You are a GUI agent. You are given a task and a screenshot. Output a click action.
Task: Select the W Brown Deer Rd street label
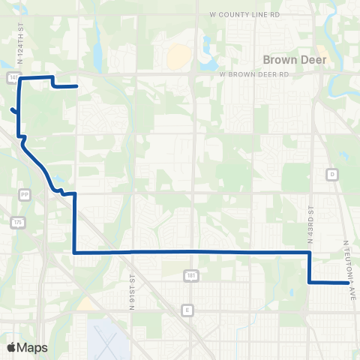pos(253,75)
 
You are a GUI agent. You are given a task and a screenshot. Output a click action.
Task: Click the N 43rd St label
pos(310,218)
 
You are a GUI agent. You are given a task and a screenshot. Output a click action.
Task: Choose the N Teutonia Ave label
pos(347,262)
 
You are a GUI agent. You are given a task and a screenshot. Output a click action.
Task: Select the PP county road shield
pos(25,193)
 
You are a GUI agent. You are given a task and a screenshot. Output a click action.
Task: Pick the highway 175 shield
pos(16,222)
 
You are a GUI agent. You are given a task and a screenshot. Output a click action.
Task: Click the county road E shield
pos(188,310)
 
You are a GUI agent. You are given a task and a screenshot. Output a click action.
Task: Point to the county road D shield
pos(331,174)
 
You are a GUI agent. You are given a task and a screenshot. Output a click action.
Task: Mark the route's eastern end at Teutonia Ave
pos(349,283)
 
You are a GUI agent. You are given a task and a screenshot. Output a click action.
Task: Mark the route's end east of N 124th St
pos(77,86)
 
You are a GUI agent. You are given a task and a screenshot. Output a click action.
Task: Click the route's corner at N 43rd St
pos(309,253)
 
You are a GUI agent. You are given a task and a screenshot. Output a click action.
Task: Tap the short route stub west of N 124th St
pos(13,112)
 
